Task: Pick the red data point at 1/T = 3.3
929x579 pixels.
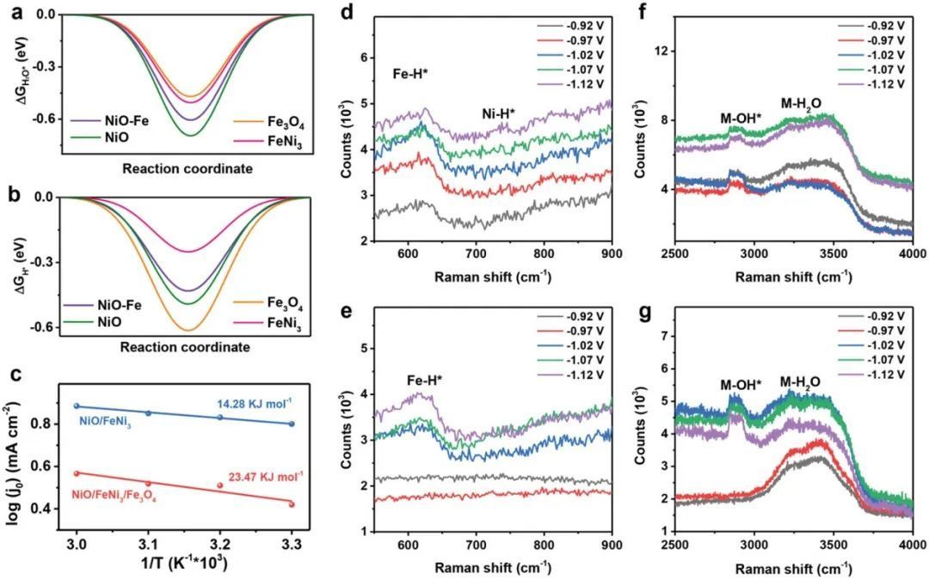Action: (x=292, y=504)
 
